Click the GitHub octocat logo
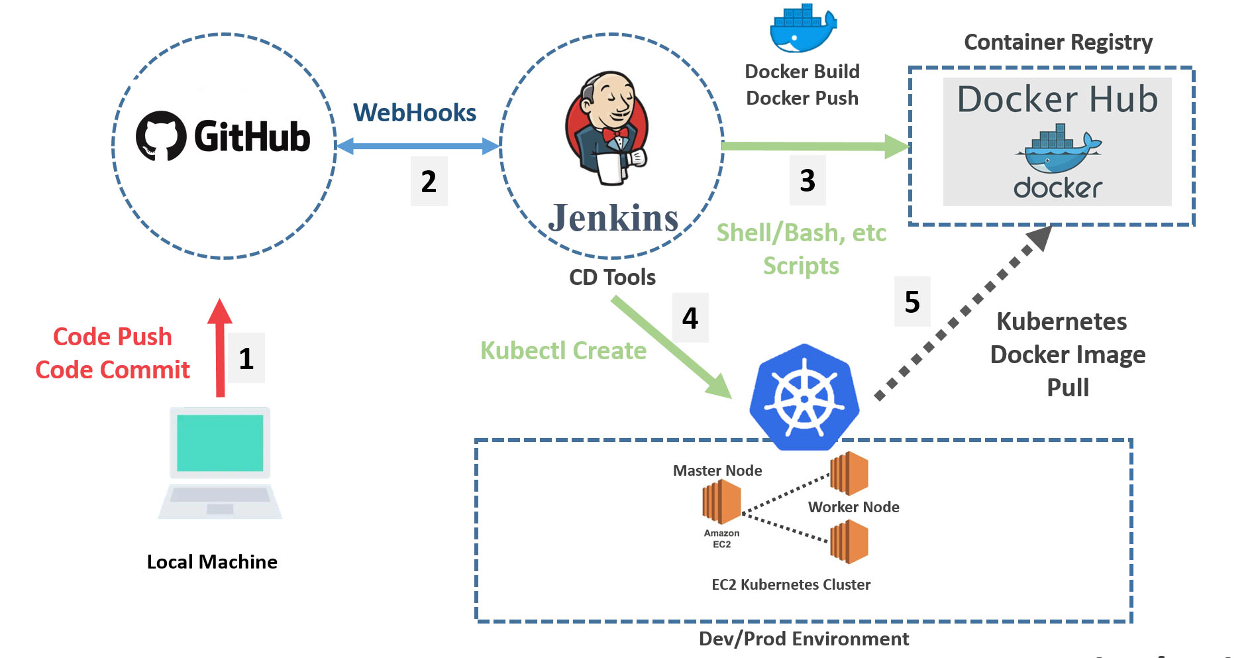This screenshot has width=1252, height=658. tap(161, 136)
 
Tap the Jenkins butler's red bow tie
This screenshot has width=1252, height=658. tap(615, 134)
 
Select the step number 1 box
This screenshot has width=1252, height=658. tap(246, 358)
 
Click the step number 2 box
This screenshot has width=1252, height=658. tap(429, 182)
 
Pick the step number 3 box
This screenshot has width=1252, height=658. tap(807, 180)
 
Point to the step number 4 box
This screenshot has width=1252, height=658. tap(690, 318)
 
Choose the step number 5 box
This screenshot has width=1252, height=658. tap(912, 302)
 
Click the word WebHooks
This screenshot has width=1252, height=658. tap(415, 113)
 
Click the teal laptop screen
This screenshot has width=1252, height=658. tap(220, 443)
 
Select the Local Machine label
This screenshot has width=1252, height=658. tap(212, 562)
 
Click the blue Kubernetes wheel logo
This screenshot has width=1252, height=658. tap(804, 398)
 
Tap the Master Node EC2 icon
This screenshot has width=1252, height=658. tap(721, 502)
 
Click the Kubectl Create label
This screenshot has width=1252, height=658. tap(563, 351)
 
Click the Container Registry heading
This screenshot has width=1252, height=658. tap(1058, 42)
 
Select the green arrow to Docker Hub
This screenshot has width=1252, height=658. tap(815, 146)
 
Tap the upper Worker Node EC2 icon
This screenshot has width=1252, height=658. tap(849, 473)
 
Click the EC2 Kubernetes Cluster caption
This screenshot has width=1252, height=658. tap(791, 584)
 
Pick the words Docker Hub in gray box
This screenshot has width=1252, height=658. tap(1057, 99)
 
